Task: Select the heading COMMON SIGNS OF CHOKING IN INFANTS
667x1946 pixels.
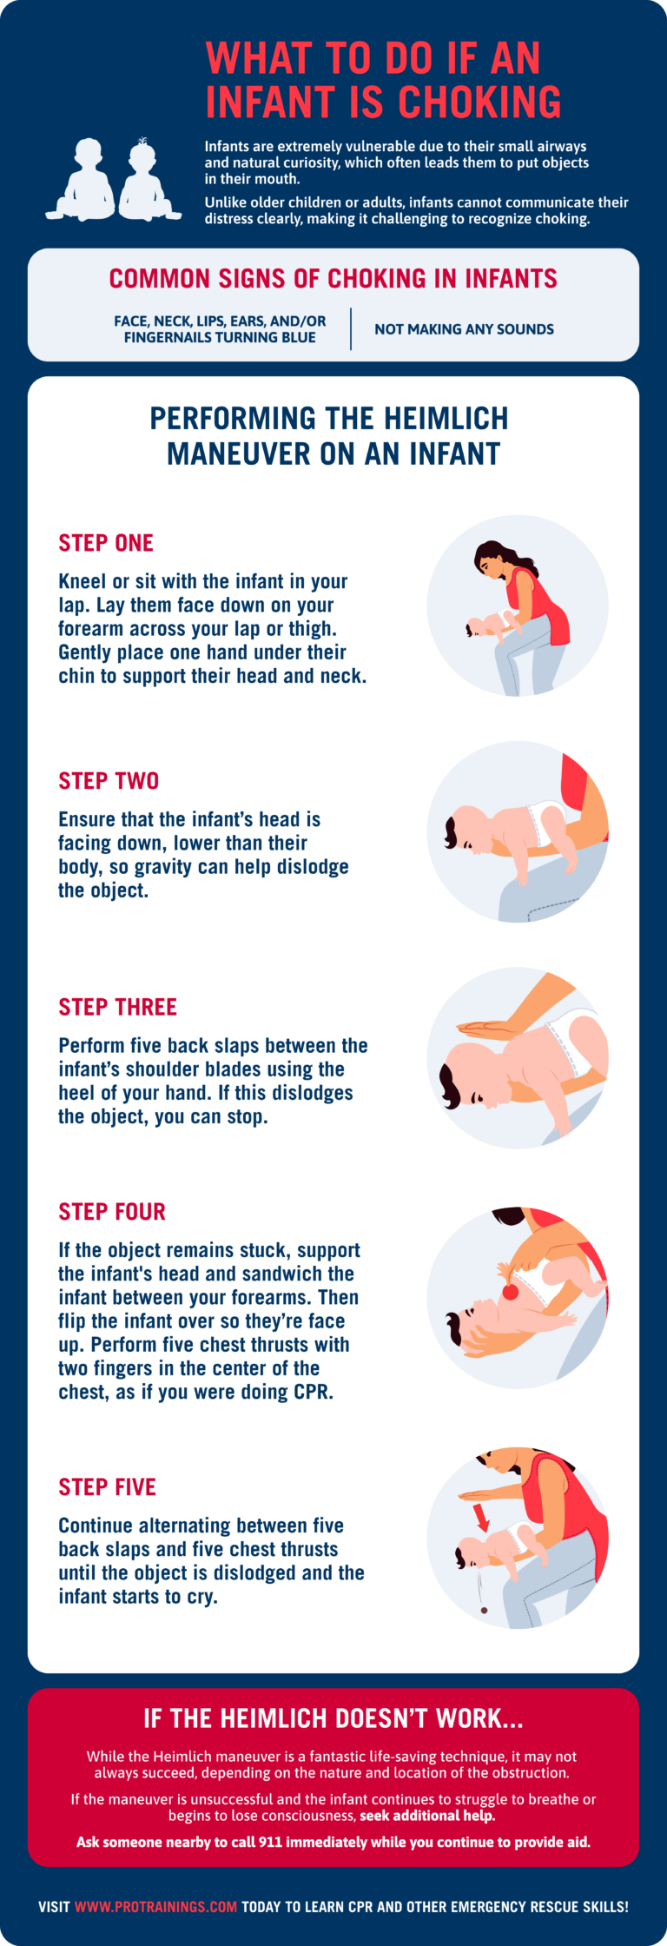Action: click(333, 279)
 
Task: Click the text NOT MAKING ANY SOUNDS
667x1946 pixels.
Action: click(464, 329)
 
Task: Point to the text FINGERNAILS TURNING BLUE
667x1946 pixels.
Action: click(220, 337)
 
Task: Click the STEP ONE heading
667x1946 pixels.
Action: click(106, 543)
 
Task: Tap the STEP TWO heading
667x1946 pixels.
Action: click(109, 781)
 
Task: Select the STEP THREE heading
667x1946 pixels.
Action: click(117, 1007)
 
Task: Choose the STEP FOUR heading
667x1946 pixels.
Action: click(112, 1212)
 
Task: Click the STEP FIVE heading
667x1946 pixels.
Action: click(107, 1487)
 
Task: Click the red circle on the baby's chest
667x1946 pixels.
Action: click(511, 1291)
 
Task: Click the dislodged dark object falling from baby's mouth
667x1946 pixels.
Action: click(484, 1610)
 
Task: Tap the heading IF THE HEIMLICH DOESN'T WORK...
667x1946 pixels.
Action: click(333, 1718)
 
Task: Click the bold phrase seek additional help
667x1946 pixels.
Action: click(427, 1816)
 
